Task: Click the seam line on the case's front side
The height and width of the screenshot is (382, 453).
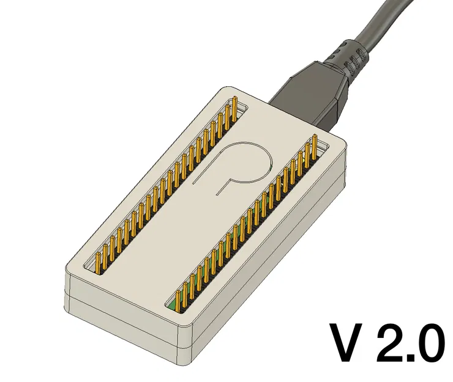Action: (122, 306)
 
